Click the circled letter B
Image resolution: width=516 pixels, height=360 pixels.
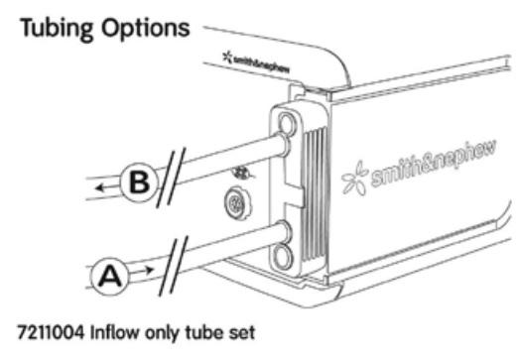point(140,183)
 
